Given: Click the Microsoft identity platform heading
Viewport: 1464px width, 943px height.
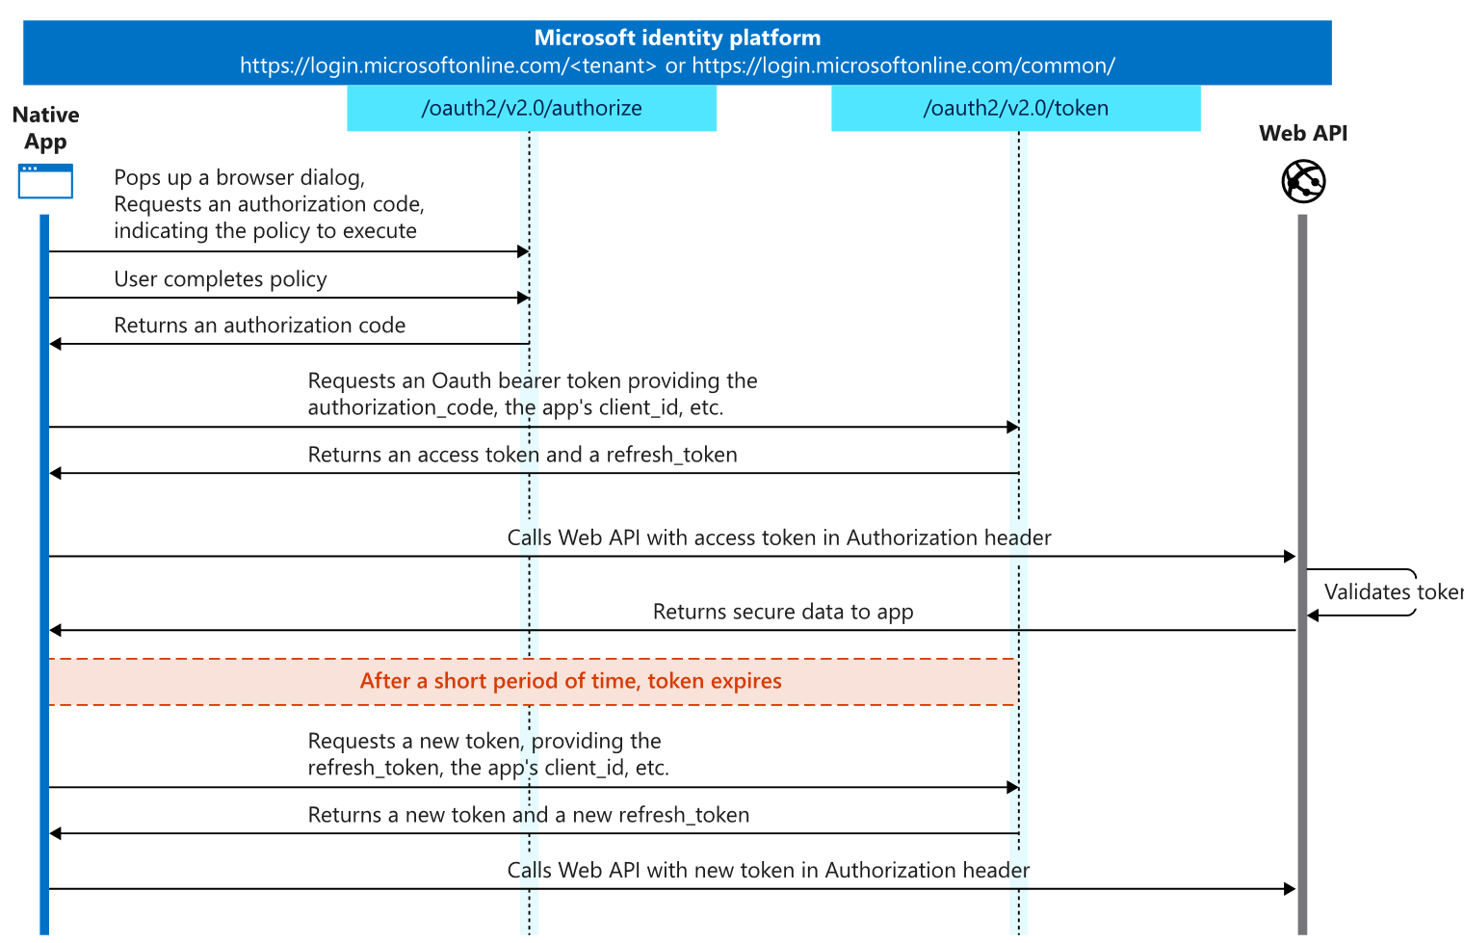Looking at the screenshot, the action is [677, 38].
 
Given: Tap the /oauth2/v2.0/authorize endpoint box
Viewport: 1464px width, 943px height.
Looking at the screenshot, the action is [532, 108].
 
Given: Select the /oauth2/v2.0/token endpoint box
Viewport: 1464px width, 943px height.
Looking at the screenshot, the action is [1015, 108].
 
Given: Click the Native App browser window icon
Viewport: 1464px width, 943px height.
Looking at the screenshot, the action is [45, 181].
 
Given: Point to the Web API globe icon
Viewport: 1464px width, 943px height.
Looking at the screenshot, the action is [1303, 181].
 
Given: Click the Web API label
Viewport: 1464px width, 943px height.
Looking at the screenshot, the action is [1303, 133].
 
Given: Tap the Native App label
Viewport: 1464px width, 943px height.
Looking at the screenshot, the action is [46, 128].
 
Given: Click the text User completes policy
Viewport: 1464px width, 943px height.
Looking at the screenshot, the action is [221, 279].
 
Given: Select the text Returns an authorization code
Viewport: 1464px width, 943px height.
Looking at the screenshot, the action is [259, 326].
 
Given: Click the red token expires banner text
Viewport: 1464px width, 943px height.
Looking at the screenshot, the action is [570, 681].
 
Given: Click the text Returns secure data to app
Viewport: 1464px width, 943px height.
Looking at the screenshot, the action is [783, 612].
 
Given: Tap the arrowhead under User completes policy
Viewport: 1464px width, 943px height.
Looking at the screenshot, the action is [523, 298].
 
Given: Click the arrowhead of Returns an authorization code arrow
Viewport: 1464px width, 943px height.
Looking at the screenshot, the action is [56, 344].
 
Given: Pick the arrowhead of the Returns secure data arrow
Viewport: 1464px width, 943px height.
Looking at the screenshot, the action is [56, 631].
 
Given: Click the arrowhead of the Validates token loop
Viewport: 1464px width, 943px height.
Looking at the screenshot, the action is [1313, 616].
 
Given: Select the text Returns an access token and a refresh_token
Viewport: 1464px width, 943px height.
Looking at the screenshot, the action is [522, 455].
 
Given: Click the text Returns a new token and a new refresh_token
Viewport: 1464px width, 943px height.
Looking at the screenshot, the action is [528, 815].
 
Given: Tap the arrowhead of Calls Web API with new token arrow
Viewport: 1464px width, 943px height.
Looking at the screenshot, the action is [1290, 889].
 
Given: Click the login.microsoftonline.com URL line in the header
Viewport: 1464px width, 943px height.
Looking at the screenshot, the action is [677, 65].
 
